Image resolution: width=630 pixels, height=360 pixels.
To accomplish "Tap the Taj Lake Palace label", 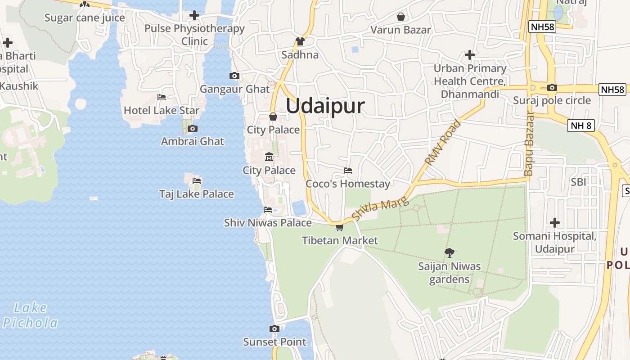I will (197, 194).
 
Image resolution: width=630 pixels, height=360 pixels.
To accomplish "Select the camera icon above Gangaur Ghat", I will (234, 76).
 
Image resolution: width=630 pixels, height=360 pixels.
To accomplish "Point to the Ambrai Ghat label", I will (193, 141).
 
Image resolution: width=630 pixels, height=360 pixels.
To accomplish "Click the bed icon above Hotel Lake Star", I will (162, 97).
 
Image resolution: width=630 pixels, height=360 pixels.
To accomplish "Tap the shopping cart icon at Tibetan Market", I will (339, 227).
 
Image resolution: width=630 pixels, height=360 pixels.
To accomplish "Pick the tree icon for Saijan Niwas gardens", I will (449, 253).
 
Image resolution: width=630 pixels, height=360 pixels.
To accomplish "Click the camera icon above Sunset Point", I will (274, 329).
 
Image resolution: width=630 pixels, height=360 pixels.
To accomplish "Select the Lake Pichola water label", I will (31, 315).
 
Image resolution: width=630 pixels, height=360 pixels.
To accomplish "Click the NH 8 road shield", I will (581, 126).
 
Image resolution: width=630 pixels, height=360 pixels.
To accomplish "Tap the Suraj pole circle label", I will (552, 100).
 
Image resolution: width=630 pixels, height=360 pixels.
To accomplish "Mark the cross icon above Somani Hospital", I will (555, 223).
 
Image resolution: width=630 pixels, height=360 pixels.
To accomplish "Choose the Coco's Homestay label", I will (348, 184).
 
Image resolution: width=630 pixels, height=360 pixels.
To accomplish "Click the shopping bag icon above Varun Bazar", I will (400, 17).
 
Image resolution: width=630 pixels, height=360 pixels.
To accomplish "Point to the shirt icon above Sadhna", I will (300, 42).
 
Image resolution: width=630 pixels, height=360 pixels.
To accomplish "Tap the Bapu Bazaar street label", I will (529, 144).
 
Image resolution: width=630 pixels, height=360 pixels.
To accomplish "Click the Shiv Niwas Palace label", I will (268, 223).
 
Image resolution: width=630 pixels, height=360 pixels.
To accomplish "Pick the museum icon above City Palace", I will (269, 157).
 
